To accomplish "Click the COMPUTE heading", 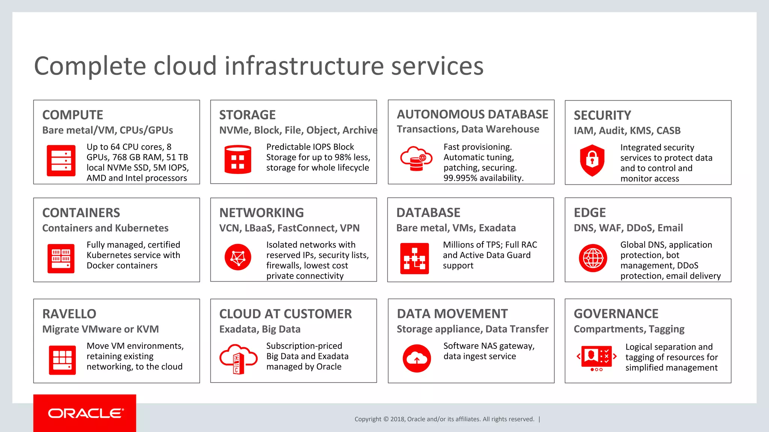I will click(x=72, y=115).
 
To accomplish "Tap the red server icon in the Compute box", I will click(x=61, y=160).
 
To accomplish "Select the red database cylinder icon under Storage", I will click(x=238, y=160).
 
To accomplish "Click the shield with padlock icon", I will click(x=592, y=160).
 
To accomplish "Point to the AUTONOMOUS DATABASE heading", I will click(x=472, y=114).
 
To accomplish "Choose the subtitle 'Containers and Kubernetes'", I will click(x=105, y=228).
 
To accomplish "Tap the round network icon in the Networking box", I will click(x=238, y=257).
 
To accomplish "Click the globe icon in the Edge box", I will click(x=593, y=258).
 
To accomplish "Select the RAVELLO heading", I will click(x=69, y=314).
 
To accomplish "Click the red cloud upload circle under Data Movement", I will click(x=416, y=358).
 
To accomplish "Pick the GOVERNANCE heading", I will click(x=616, y=313).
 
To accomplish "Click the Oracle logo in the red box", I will click(x=85, y=413).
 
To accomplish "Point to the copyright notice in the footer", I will click(x=444, y=419).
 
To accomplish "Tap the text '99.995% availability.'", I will click(x=483, y=178).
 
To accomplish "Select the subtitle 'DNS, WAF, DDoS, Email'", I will click(x=628, y=228).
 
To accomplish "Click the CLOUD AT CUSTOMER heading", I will click(x=285, y=314).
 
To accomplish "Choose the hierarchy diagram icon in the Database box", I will click(x=415, y=258).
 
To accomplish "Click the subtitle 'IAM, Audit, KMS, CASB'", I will click(x=627, y=130).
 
